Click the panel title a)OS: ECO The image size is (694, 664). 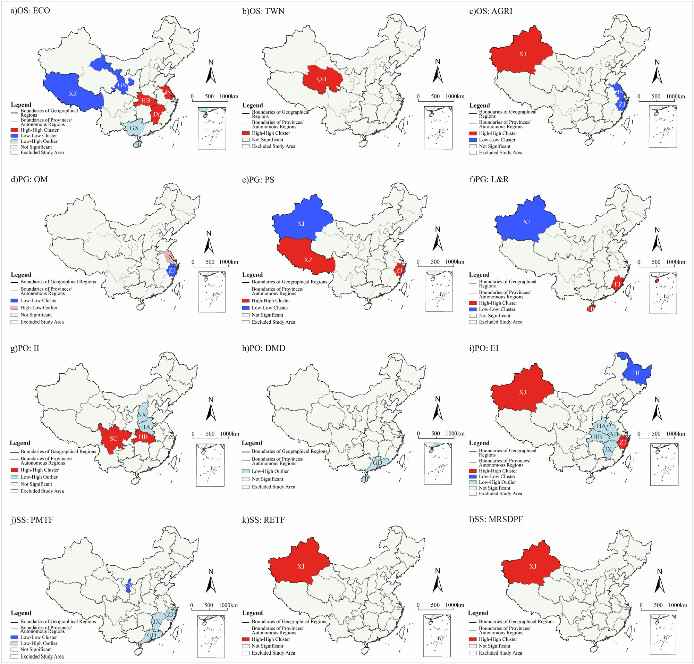click(x=31, y=11)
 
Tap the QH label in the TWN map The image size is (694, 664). click(x=322, y=79)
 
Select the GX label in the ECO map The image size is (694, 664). click(x=134, y=128)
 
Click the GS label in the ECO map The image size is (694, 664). click(x=122, y=85)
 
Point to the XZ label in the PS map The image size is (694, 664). click(x=308, y=260)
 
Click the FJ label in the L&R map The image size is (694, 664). click(x=617, y=284)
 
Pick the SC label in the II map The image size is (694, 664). click(x=113, y=439)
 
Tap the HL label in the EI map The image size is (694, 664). click(x=637, y=373)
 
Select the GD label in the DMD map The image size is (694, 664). click(x=378, y=463)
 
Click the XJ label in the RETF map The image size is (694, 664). click(x=301, y=567)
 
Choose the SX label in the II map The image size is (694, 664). click(x=142, y=415)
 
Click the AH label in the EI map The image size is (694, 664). click(x=614, y=434)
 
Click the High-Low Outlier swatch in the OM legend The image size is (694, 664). click(x=14, y=308)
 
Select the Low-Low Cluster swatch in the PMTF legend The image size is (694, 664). click(x=14, y=637)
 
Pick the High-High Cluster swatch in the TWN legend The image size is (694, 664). click(x=246, y=133)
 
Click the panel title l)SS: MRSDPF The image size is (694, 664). click(x=496, y=519)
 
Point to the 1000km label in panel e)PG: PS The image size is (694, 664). click(x=455, y=262)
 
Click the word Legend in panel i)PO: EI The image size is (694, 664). click(x=479, y=443)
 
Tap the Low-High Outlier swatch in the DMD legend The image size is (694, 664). click(x=246, y=471)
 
